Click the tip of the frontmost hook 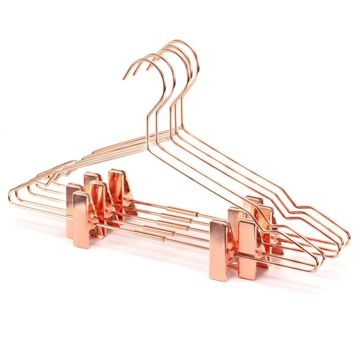(x=125, y=79)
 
